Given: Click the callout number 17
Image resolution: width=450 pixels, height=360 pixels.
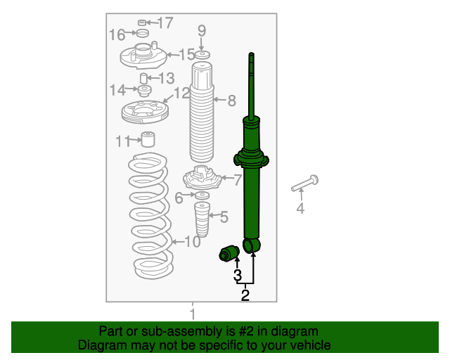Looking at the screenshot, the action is coord(166,22).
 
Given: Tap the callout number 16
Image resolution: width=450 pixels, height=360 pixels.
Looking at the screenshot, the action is coord(117,34).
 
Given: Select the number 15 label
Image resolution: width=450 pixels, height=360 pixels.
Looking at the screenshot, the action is coord(187,54).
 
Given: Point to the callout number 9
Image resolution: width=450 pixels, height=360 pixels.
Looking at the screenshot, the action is coord(202,30).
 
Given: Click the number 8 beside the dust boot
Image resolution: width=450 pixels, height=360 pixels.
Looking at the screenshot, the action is coord(232,101).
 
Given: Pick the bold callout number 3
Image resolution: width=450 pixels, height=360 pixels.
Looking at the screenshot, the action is coord(238,275).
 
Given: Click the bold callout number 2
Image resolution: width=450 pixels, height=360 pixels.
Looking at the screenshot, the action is coord(245,295).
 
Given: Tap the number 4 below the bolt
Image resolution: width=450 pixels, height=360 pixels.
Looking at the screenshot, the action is coord(300,208).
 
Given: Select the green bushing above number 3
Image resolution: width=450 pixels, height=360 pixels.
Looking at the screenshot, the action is coord(229,253).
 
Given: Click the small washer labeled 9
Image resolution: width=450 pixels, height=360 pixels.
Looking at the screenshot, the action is coord(202,55).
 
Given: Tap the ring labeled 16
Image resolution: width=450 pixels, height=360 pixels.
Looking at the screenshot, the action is coord(143,33).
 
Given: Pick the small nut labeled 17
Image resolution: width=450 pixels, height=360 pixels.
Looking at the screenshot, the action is coord(142,22).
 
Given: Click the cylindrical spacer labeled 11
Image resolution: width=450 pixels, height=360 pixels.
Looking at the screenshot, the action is coord(148,139).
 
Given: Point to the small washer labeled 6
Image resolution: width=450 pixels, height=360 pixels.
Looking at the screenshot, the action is coord(202,195).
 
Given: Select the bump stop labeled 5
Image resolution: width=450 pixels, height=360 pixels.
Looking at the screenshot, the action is coord(202,219).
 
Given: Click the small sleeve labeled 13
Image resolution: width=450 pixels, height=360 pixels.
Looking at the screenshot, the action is coord(143,78).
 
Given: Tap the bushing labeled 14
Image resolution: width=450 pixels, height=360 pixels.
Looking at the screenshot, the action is coord(144,91).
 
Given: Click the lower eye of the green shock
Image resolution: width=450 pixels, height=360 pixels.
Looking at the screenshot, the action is coord(252,245).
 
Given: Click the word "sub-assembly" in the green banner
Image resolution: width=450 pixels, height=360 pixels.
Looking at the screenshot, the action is coord(183,331).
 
